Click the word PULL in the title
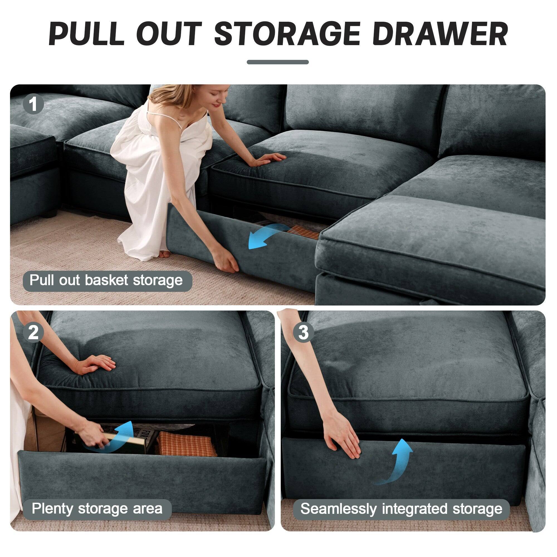click(87, 34)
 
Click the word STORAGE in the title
click(287, 34)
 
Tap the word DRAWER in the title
click(439, 34)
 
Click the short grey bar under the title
click(278, 62)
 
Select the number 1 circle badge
click(33, 104)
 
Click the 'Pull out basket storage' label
click(107, 280)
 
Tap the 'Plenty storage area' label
click(97, 509)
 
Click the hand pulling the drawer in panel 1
click(228, 264)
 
